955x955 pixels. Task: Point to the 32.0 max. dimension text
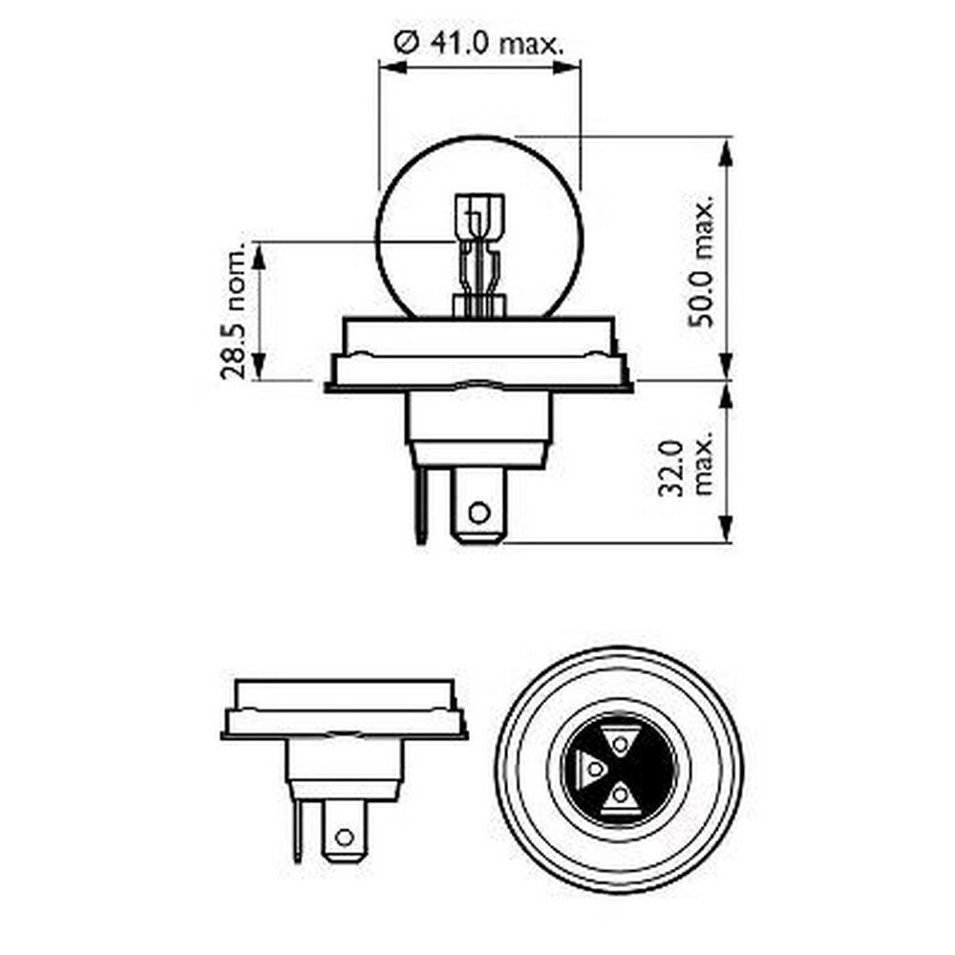click(x=686, y=467)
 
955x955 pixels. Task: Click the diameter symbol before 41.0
click(x=406, y=43)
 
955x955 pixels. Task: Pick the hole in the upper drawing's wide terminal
click(x=479, y=512)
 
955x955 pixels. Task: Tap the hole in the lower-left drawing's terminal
click(x=345, y=838)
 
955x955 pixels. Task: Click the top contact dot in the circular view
click(x=620, y=744)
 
